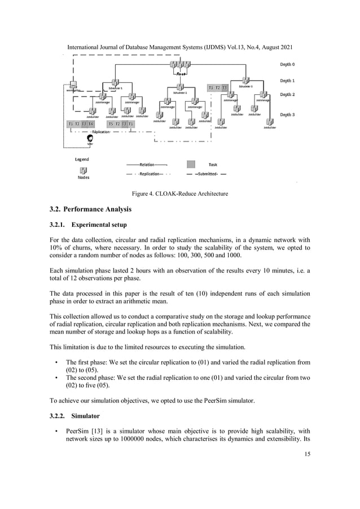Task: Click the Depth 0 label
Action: (x=288, y=65)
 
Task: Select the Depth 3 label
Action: (x=288, y=115)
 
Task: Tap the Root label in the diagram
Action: (x=181, y=74)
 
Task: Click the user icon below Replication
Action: (x=90, y=138)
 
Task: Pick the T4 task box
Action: (x=91, y=124)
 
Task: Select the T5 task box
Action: (x=111, y=124)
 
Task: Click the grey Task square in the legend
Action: (x=191, y=164)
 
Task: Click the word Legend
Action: (x=82, y=159)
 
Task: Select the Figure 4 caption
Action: (x=179, y=194)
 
